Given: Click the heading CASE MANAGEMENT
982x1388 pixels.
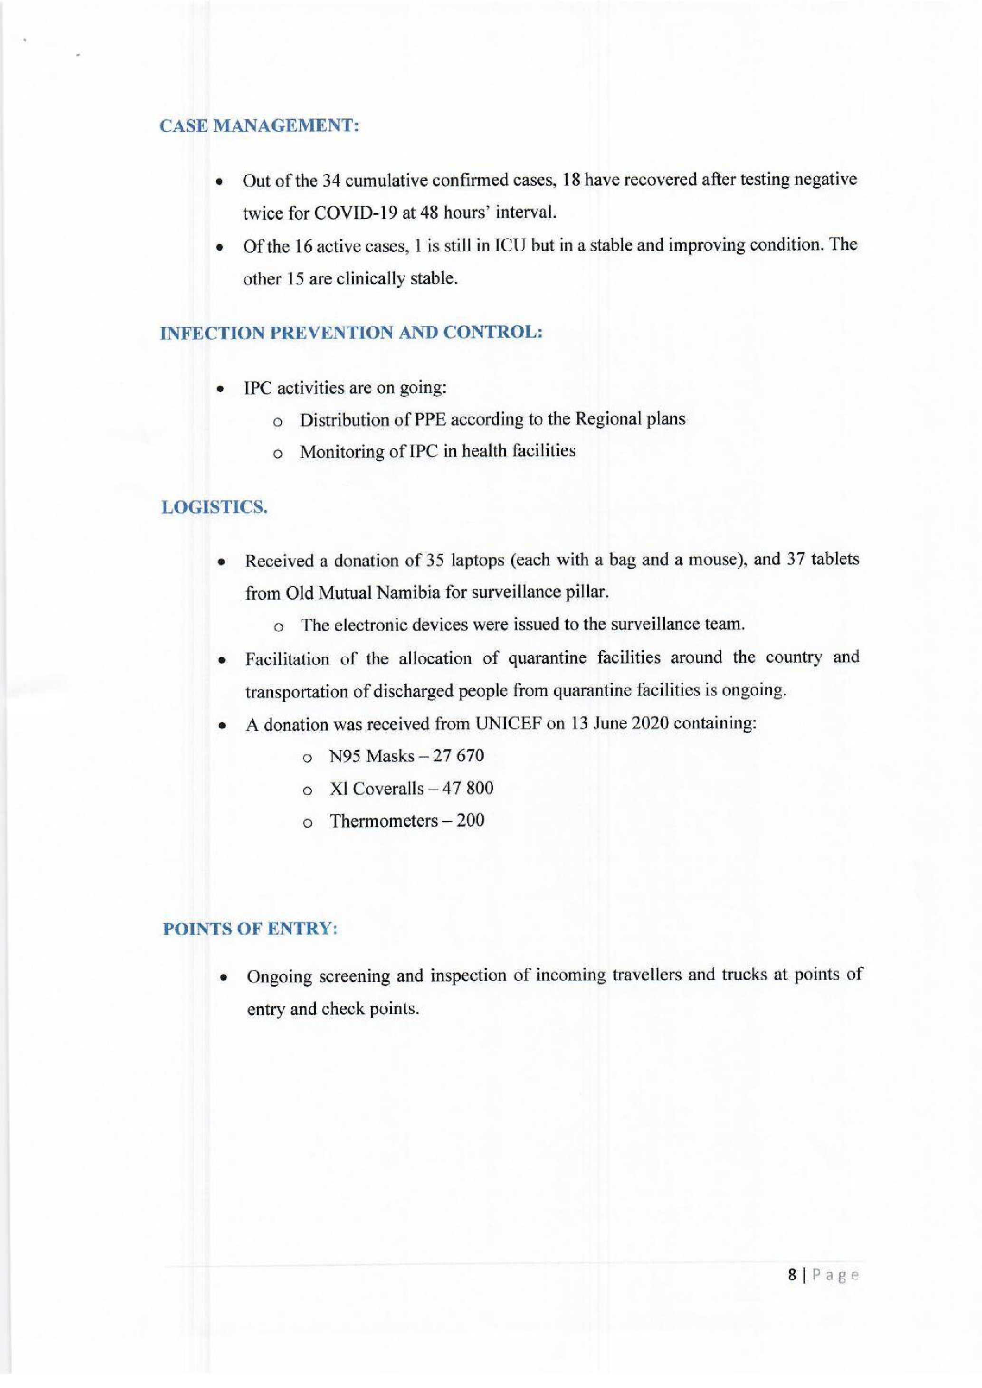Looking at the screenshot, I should [x=259, y=126].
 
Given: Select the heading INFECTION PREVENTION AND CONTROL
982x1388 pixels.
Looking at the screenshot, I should [x=351, y=332].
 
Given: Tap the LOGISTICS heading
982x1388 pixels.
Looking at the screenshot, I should [x=214, y=507].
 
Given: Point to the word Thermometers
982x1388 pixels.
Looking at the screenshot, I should [x=383, y=821].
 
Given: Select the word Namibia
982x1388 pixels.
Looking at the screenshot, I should [x=408, y=593].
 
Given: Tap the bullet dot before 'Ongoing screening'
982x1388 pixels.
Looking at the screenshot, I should [x=223, y=976].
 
